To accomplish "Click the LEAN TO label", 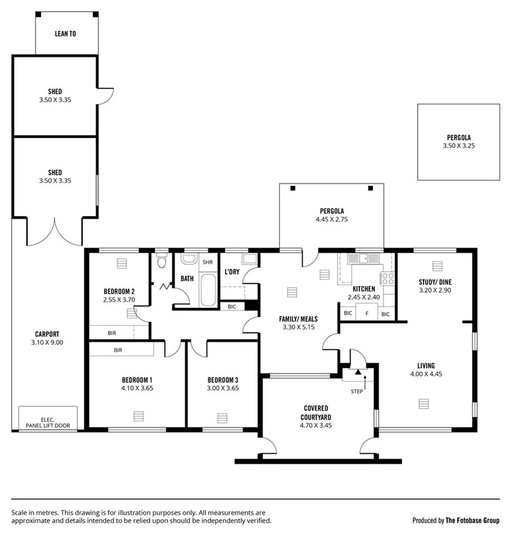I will (x=66, y=34).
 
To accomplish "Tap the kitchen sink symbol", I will (x=362, y=258).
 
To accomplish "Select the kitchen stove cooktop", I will (x=387, y=279).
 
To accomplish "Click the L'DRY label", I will (x=232, y=272).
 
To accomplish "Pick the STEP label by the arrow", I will (x=357, y=392).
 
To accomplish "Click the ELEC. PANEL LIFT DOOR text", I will (x=48, y=423).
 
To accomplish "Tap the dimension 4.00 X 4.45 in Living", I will (x=427, y=374).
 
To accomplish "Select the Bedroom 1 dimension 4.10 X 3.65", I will (x=137, y=388).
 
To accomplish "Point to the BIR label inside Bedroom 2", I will (x=112, y=333).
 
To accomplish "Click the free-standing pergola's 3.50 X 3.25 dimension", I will (x=458, y=146).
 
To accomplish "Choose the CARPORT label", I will (x=47, y=334).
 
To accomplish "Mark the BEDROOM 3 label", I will (x=223, y=380).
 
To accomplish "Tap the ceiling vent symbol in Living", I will (x=425, y=403).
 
